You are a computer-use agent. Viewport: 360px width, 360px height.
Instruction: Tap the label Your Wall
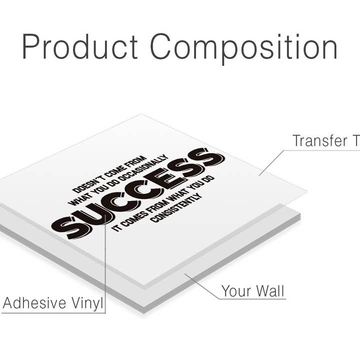pos(253,290)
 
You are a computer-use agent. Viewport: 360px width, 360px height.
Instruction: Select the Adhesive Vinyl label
pos(52,303)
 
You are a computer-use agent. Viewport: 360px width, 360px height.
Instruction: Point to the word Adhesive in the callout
pos(35,303)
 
